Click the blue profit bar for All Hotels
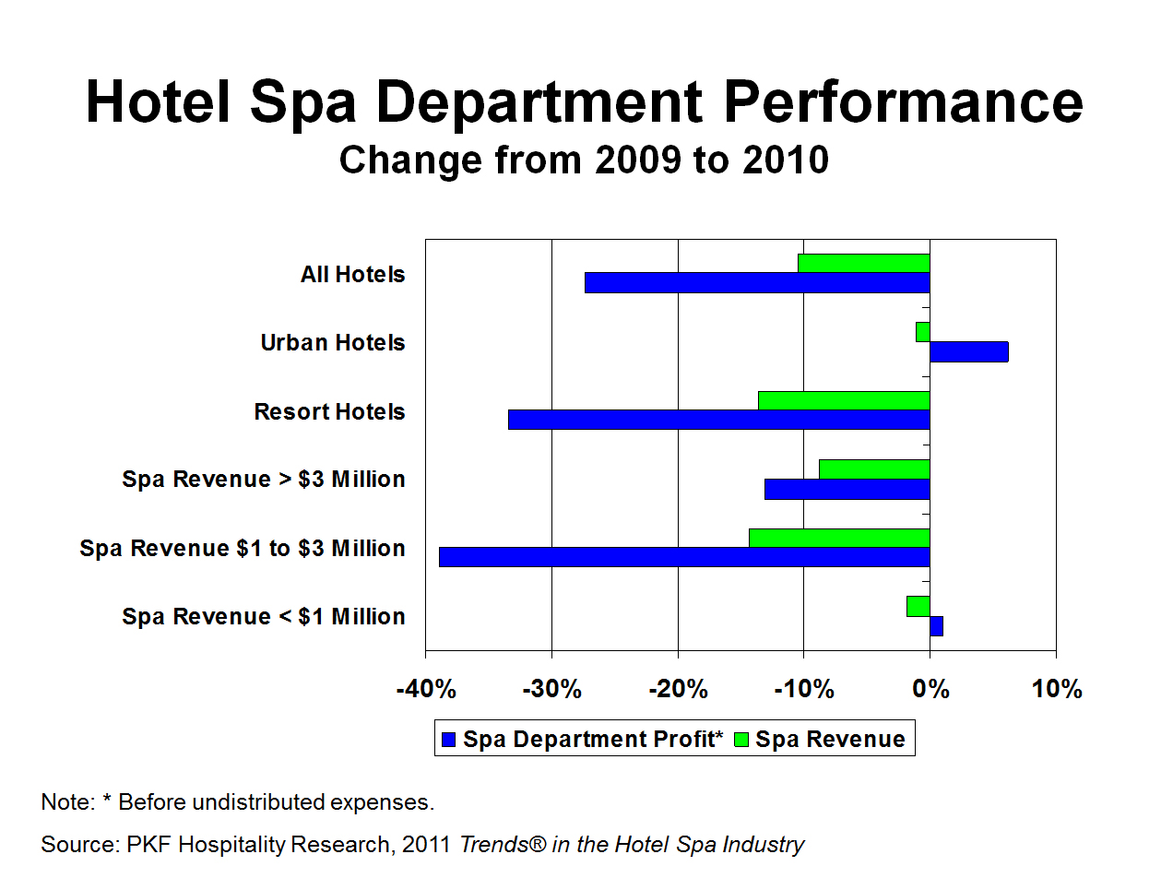pos(756,283)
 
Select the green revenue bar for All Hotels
pos(863,263)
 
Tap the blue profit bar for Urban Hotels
pos(968,351)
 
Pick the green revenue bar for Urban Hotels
pos(922,332)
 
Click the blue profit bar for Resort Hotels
pos(718,420)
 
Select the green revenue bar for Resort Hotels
pos(843,400)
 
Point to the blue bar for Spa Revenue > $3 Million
pos(847,489)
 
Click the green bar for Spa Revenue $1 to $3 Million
pos(839,538)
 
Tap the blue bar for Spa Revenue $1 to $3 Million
pos(684,557)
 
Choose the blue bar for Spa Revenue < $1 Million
pos(936,626)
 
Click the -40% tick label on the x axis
pos(425,689)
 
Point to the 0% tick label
pos(930,689)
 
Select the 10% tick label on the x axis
pos(1056,689)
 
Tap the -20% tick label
pos(678,689)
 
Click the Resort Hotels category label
pos(329,411)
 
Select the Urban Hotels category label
pos(333,343)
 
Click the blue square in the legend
pos(449,740)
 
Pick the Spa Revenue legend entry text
pos(830,740)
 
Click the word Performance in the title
pos(903,101)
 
